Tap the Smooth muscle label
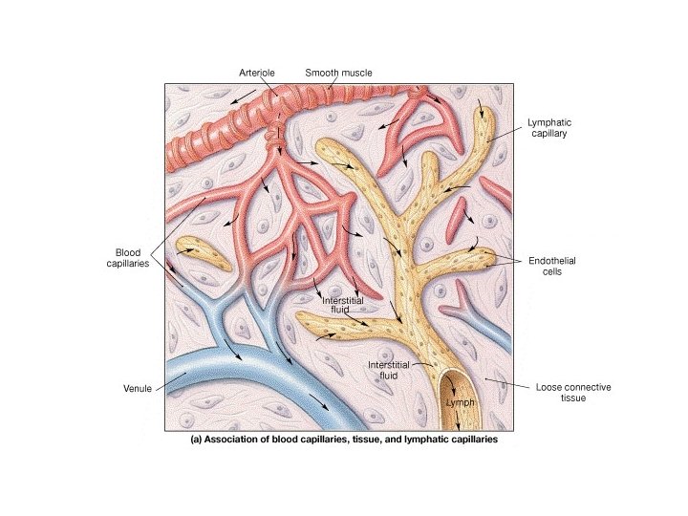click(x=338, y=72)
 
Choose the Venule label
click(x=139, y=389)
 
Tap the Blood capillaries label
click(x=126, y=258)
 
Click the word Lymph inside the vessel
click(x=461, y=403)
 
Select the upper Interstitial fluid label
click(x=342, y=305)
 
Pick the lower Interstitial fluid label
click(x=389, y=371)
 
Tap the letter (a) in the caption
click(x=196, y=441)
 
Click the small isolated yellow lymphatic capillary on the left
click(x=202, y=254)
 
